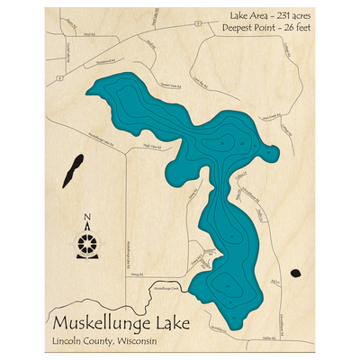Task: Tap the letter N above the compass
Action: coord(87,217)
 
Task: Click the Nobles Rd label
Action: coord(266,339)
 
